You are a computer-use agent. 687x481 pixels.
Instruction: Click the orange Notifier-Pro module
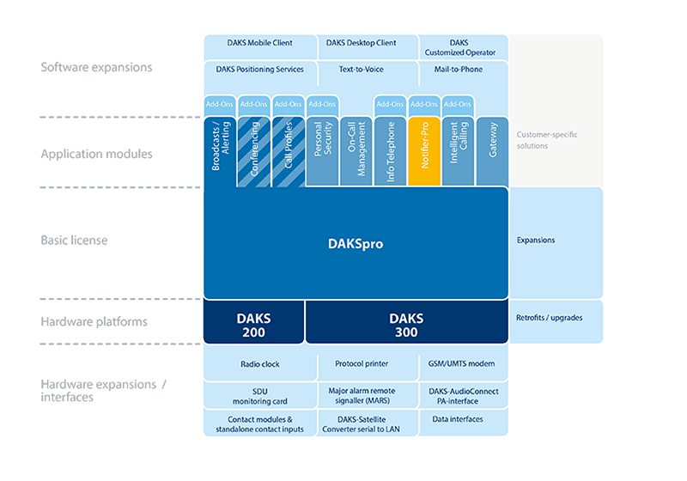(424, 151)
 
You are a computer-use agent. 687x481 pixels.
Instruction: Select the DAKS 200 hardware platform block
(253, 322)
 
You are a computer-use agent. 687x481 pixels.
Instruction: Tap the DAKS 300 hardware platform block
(406, 322)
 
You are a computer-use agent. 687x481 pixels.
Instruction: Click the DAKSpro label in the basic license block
(356, 244)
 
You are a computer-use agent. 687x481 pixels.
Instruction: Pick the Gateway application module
(492, 151)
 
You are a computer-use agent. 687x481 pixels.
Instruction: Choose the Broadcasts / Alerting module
(220, 151)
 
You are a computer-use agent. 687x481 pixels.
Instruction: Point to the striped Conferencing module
(253, 151)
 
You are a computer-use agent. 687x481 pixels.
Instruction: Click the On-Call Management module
(356, 151)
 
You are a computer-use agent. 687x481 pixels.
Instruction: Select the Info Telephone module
(390, 151)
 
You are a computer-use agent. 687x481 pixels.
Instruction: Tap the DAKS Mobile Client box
(260, 47)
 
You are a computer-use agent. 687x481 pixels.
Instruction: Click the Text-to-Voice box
(361, 73)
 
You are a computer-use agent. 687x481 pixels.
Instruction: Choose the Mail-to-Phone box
(464, 73)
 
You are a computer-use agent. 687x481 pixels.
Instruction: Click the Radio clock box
(260, 363)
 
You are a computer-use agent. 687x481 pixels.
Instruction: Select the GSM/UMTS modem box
(464, 363)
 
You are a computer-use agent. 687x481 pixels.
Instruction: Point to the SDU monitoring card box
(260, 396)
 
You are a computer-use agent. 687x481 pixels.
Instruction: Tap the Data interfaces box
(464, 423)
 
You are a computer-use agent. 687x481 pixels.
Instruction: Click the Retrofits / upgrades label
(549, 318)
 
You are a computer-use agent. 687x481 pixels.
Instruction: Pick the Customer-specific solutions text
(547, 140)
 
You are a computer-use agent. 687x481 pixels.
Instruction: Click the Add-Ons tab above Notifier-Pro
(424, 105)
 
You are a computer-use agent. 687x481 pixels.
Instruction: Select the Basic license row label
(74, 240)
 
